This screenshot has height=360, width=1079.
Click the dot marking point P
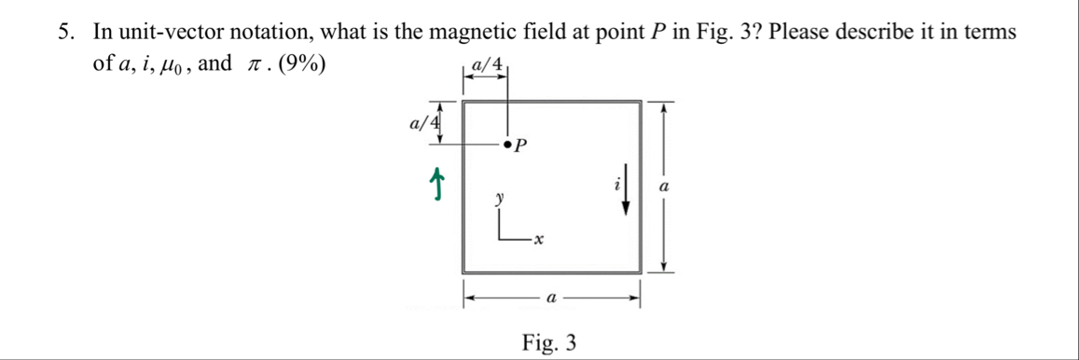pos(507,145)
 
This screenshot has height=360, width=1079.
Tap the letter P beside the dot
pos(521,146)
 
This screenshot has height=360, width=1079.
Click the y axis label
pos(500,199)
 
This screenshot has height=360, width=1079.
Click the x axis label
pos(538,241)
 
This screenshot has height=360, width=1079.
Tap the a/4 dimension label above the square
pos(488,65)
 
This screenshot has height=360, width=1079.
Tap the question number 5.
pos(64,31)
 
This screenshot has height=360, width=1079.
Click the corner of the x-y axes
pos(501,239)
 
